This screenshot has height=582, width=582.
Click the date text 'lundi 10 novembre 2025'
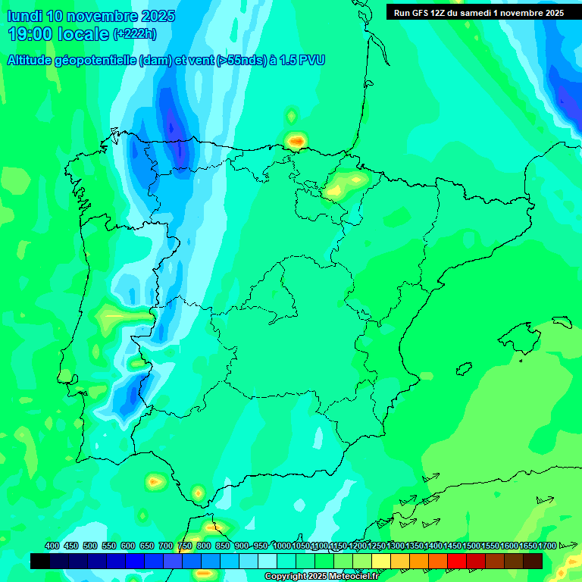pyautogui.click(x=91, y=16)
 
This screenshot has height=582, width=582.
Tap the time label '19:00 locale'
pyautogui.click(x=59, y=34)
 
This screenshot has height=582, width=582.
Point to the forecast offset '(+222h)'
pyautogui.click(x=135, y=34)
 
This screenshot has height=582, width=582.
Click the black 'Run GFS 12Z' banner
pyautogui.click(x=474, y=12)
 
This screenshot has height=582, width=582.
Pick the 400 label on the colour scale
pyautogui.click(x=52, y=546)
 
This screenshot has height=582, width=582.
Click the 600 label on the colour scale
pyautogui.click(x=127, y=546)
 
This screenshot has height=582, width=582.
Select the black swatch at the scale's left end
pyautogui.click(x=40, y=561)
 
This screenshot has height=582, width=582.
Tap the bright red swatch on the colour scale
pyautogui.click(x=457, y=561)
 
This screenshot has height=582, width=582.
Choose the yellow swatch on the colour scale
pyautogui.click(x=381, y=561)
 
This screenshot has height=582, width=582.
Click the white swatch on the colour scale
pyautogui.click(x=268, y=561)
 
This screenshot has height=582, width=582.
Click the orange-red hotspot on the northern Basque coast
pyautogui.click(x=296, y=140)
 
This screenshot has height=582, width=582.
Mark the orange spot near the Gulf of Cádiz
pyautogui.click(x=155, y=481)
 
